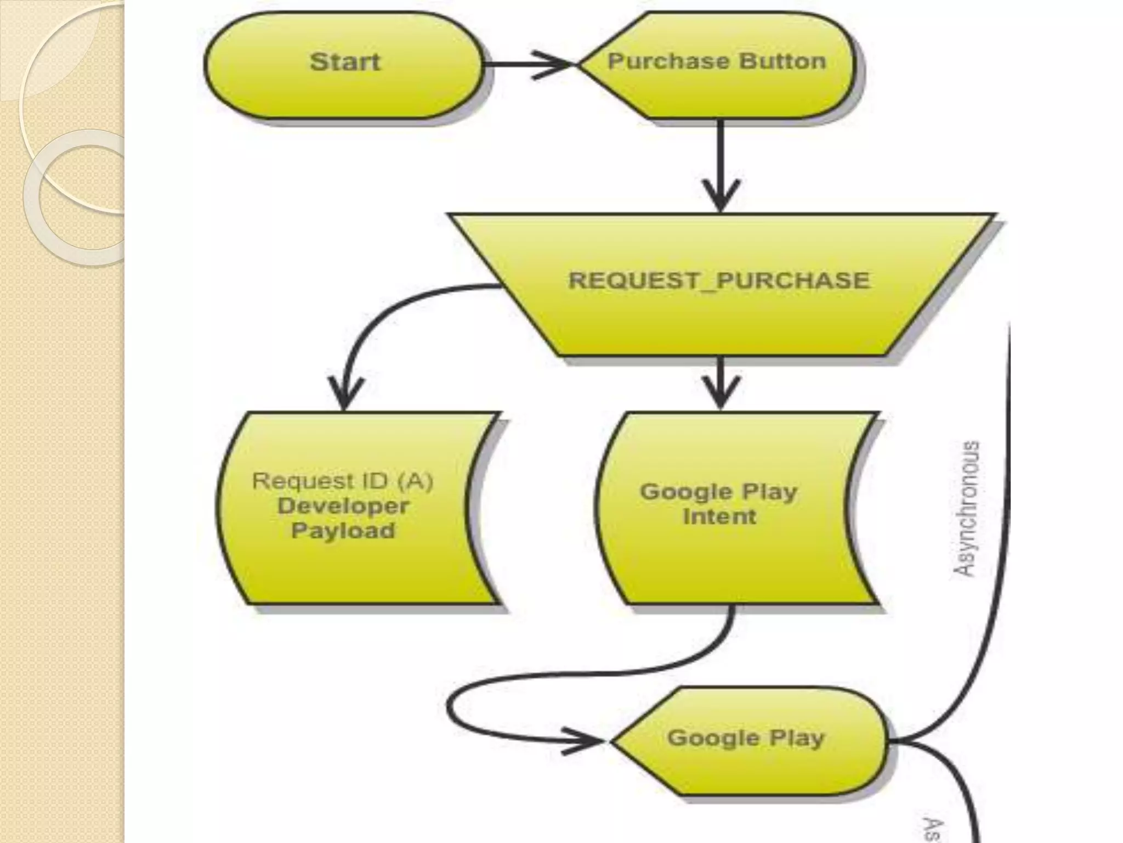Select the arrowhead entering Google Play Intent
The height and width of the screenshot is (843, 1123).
coord(721,392)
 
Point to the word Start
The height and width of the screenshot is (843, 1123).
coord(344,61)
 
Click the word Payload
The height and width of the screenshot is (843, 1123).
coord(343,531)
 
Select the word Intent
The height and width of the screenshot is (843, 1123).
coord(719,516)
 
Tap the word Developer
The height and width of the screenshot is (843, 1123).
coord(343,506)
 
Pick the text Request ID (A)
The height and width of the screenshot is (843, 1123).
coord(343,481)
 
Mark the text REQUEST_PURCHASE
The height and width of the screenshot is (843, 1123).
coord(719,280)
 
